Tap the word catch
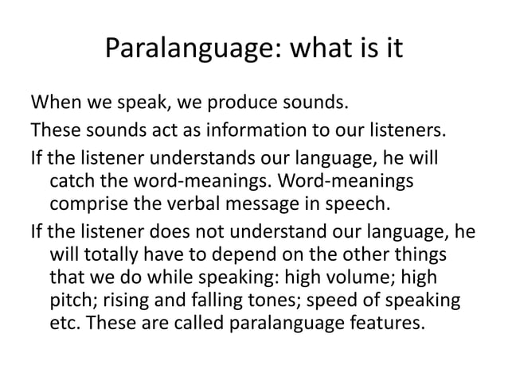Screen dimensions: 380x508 [x=72, y=178]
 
